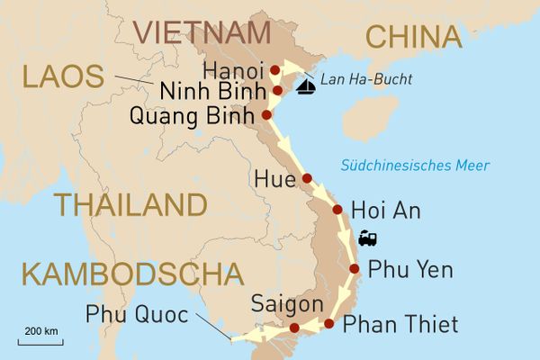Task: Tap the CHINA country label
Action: (x=413, y=37)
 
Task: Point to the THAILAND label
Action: (x=130, y=204)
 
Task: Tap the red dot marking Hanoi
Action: (x=275, y=68)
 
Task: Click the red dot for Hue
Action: (x=307, y=178)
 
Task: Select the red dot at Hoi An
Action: (x=337, y=210)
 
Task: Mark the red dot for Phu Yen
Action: (x=354, y=268)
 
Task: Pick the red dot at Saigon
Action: (x=292, y=328)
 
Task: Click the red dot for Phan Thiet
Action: (x=329, y=323)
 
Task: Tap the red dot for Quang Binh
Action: (x=266, y=115)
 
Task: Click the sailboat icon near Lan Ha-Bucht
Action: (x=307, y=85)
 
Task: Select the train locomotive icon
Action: (x=367, y=238)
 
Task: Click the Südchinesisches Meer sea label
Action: (x=415, y=166)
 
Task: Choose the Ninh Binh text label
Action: (x=212, y=91)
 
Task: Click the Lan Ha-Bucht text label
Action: (x=367, y=79)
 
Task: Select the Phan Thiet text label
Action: (x=401, y=324)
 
